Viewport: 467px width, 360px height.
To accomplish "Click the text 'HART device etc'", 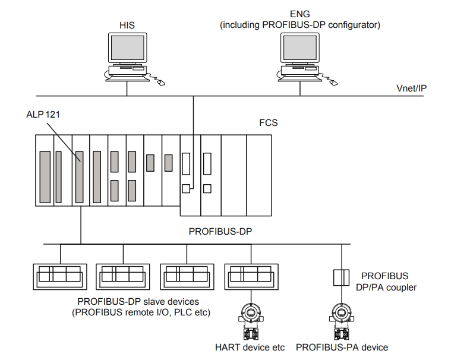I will pyautogui.click(x=250, y=347).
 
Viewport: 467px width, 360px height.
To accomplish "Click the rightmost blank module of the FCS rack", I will pyautogui.click(x=258, y=175).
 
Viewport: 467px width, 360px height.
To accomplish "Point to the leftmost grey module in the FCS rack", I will pyautogui.click(x=45, y=177).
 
